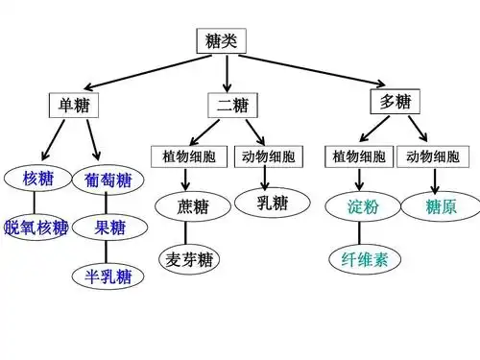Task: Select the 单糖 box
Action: [x=73, y=103]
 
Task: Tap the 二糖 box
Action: [x=228, y=105]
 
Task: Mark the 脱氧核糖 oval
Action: [x=36, y=228]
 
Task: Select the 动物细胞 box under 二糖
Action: [x=269, y=156]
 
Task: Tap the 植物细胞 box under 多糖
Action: [x=359, y=156]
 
